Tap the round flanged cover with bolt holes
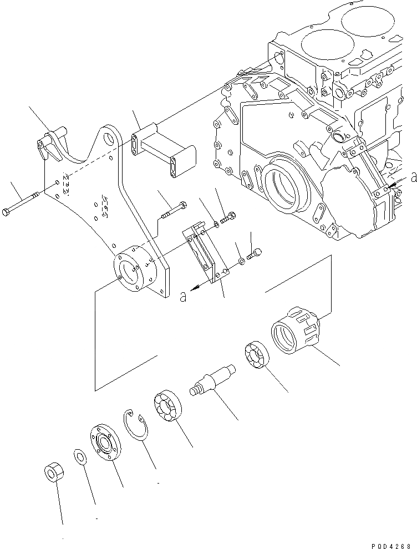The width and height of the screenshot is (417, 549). click(x=103, y=442)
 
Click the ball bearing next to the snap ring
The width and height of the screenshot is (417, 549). click(x=166, y=406)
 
